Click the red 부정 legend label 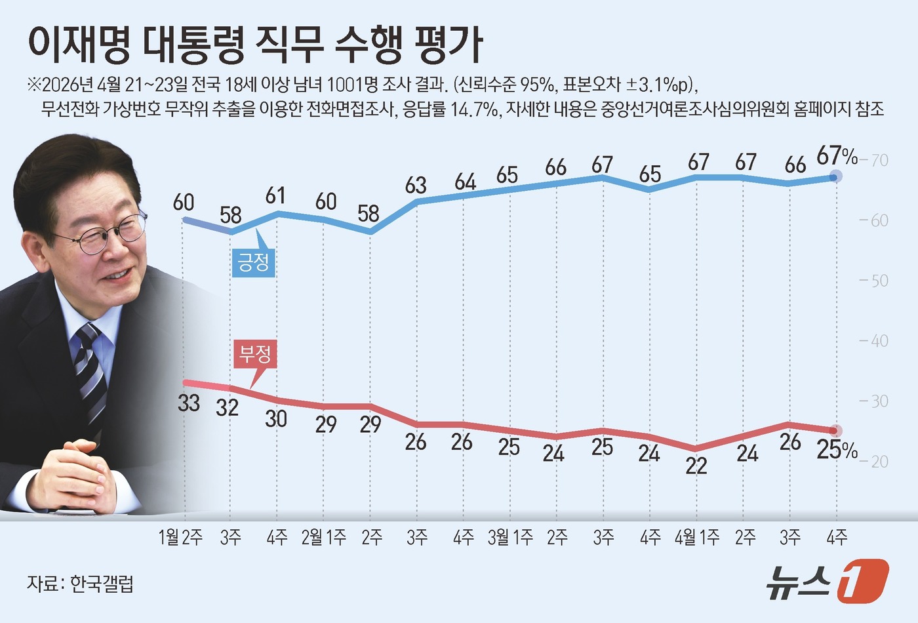254,355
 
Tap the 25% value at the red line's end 837,450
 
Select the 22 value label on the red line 696,466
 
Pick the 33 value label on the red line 189,402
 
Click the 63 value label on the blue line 416,186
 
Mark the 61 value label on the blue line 275,195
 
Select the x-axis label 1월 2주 180,538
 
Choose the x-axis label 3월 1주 510,538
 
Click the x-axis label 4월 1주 697,538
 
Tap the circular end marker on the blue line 836,176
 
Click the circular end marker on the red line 836,431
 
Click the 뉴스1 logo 828,581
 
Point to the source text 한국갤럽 102,583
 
